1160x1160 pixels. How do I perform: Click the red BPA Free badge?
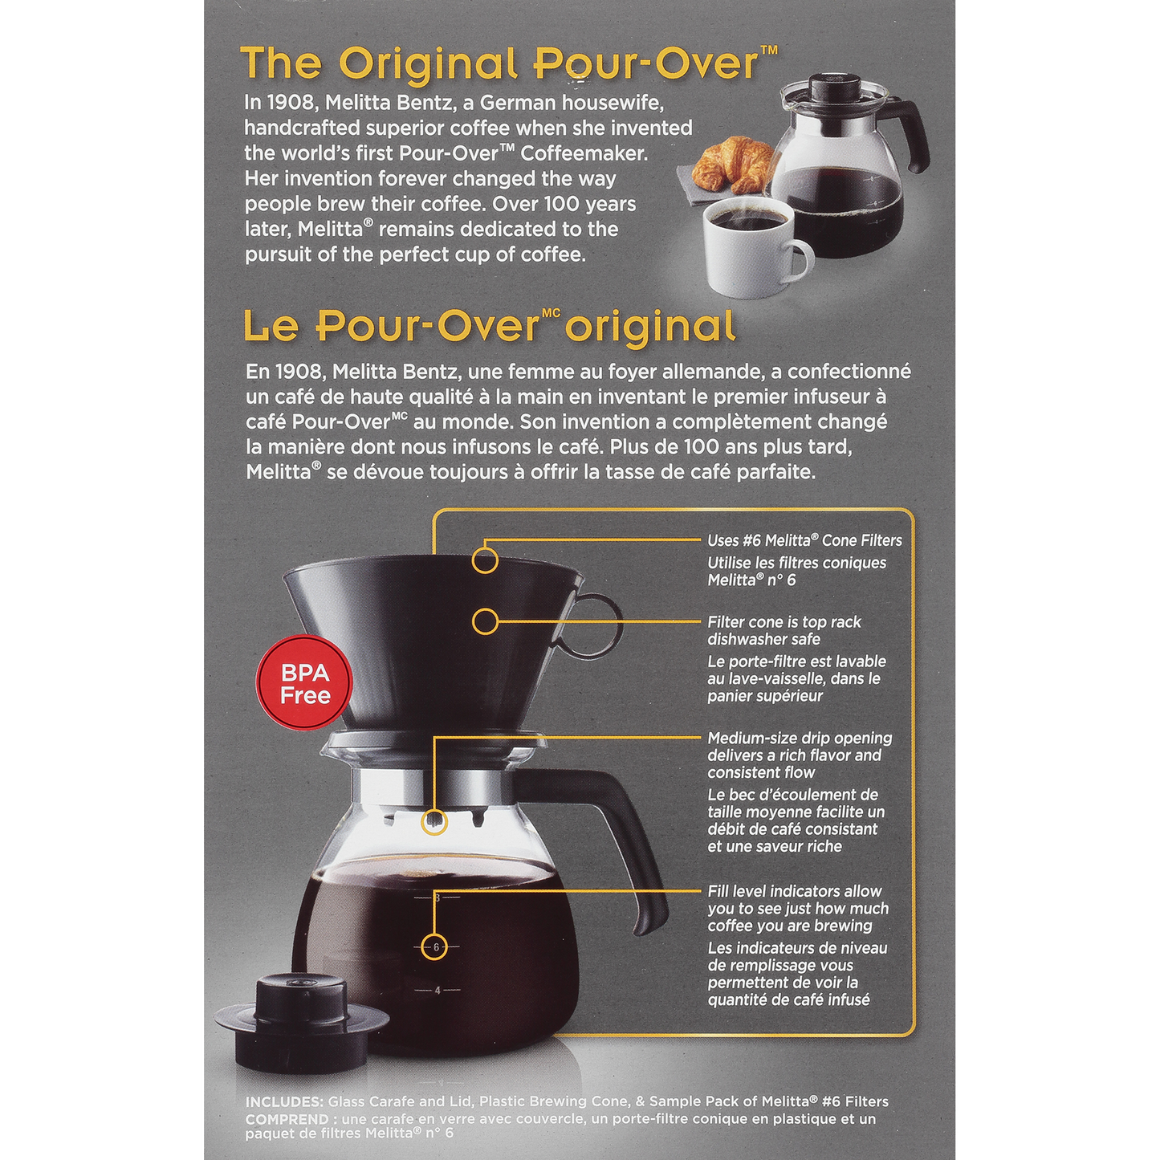click(x=305, y=688)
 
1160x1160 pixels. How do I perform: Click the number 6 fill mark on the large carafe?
click(x=437, y=947)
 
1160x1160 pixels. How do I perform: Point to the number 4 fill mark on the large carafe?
click(x=437, y=990)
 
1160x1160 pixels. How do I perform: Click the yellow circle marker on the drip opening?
click(x=434, y=822)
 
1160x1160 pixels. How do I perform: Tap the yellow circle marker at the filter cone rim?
click(x=485, y=561)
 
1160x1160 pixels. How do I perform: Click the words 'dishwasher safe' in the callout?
click(x=764, y=639)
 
